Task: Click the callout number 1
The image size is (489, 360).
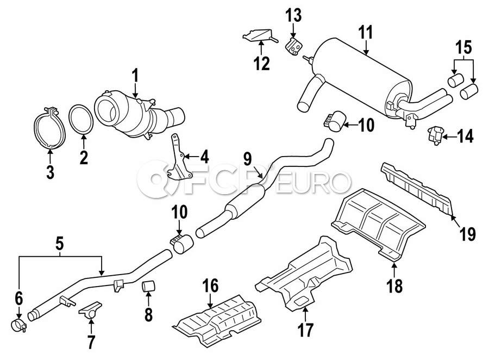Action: pyautogui.click(x=136, y=76)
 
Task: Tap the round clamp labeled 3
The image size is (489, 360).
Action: pyautogui.click(x=50, y=129)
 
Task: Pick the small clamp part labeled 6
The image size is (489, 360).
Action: pyautogui.click(x=20, y=326)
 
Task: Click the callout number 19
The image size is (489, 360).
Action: pyautogui.click(x=467, y=234)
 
